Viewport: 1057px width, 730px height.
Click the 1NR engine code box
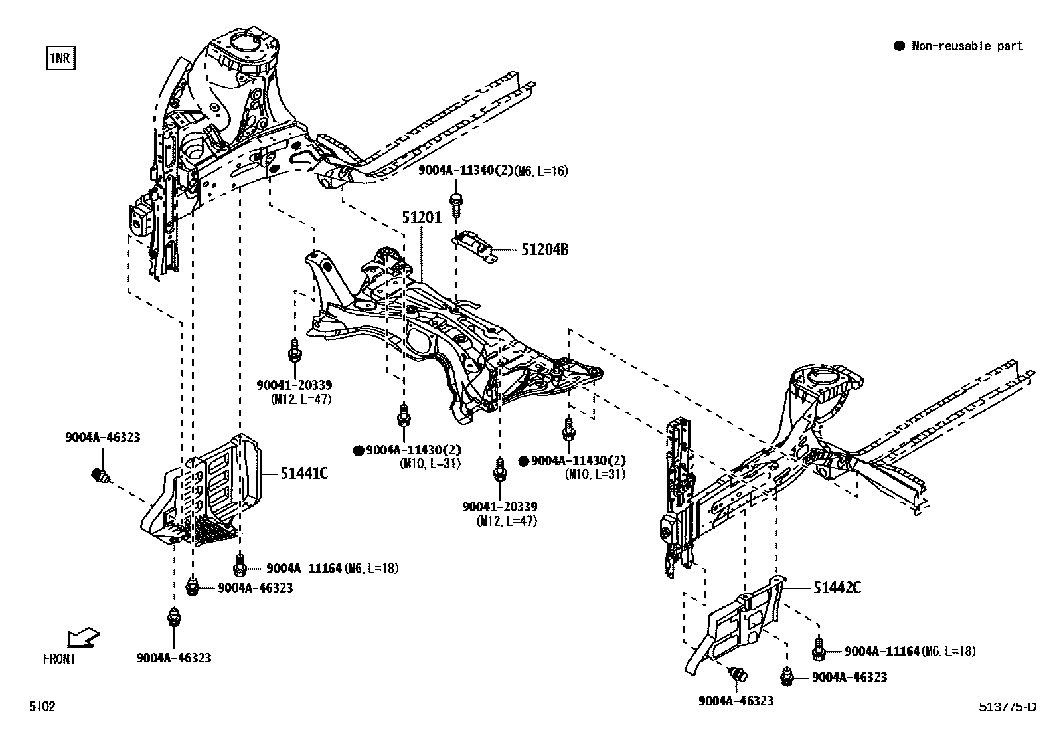click(x=60, y=58)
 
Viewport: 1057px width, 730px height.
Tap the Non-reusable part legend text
click(x=967, y=46)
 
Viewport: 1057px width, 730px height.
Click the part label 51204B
click(x=544, y=250)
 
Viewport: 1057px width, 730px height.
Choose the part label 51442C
click(x=837, y=587)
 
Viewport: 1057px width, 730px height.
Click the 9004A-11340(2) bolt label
click(x=464, y=171)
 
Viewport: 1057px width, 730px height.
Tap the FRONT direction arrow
click(x=83, y=639)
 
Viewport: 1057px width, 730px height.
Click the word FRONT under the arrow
click(x=60, y=659)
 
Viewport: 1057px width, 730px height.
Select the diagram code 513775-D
click(x=1007, y=707)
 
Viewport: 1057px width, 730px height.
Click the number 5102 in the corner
click(x=41, y=707)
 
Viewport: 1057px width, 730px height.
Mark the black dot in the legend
click(x=900, y=46)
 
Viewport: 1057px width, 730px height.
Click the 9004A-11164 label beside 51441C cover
click(x=304, y=568)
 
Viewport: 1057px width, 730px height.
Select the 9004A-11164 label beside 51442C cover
click(x=882, y=652)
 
